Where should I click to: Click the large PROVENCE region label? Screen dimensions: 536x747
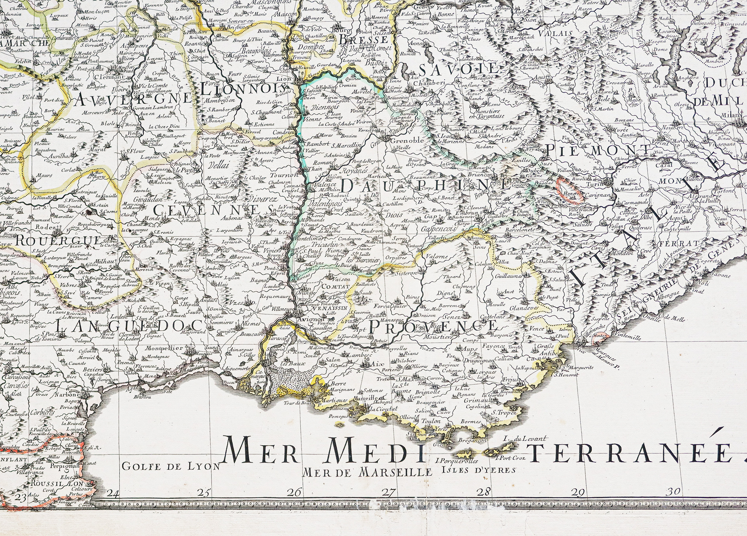433,326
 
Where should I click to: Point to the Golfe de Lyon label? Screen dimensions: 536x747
171,467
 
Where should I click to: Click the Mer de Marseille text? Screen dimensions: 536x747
366,471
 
